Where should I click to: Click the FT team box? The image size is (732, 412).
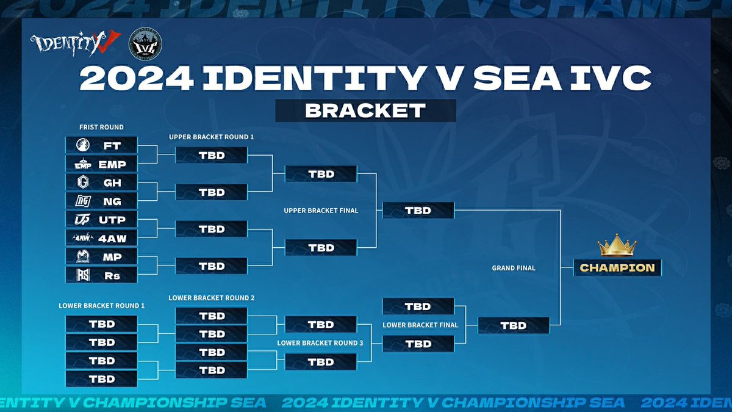101,146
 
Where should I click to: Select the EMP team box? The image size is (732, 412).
101,164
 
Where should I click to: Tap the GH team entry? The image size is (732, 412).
101,183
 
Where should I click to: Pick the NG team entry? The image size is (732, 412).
101,201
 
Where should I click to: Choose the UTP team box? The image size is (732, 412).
101,220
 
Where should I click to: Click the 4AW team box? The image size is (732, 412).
101,238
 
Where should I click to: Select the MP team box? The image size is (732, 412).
101,257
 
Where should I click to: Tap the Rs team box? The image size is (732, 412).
101,275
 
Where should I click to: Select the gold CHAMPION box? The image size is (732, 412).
617,267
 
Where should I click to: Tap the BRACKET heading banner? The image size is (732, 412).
365,110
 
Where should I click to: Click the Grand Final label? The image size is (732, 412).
513,268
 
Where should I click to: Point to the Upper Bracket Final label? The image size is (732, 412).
321,211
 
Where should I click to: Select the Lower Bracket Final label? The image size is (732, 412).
420,325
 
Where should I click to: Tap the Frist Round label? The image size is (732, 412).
101,128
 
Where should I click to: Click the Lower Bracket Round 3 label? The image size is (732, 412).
320,343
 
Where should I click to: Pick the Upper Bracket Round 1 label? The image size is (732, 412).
211,137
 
